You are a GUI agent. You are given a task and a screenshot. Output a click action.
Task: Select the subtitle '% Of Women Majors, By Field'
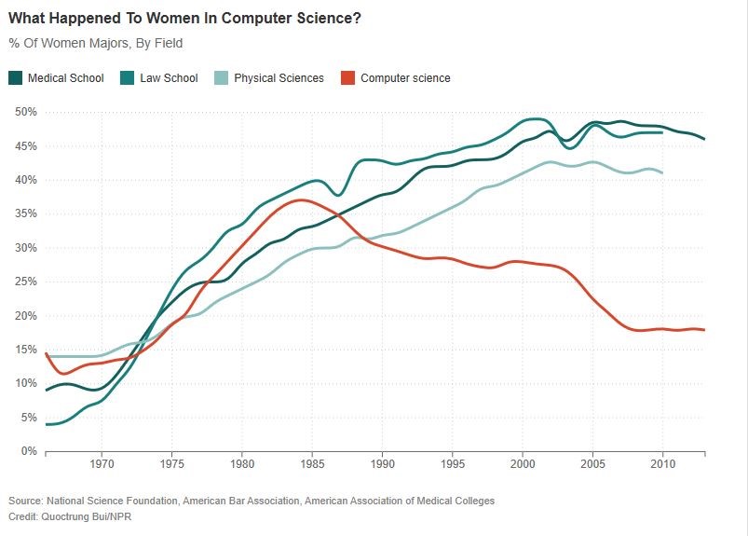click(95, 43)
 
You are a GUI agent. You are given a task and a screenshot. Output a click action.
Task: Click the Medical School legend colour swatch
click(16, 78)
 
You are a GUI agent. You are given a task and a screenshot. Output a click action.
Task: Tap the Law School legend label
click(169, 78)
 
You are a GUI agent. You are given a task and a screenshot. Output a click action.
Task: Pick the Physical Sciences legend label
click(279, 78)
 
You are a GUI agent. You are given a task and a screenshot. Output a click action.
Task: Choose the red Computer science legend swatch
click(347, 78)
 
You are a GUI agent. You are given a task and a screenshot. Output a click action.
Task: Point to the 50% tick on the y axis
click(25, 112)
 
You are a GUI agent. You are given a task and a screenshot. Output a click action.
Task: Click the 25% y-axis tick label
click(25, 282)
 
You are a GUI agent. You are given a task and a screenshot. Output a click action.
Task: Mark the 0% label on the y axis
click(28, 451)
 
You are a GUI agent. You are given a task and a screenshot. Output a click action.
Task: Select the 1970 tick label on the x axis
click(102, 463)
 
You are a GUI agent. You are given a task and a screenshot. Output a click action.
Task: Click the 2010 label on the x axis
click(662, 463)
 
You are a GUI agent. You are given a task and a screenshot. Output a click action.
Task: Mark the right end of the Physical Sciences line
click(661, 172)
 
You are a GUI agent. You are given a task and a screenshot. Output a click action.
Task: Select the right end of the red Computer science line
click(704, 330)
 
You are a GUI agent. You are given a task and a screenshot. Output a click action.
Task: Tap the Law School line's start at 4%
click(47, 424)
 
